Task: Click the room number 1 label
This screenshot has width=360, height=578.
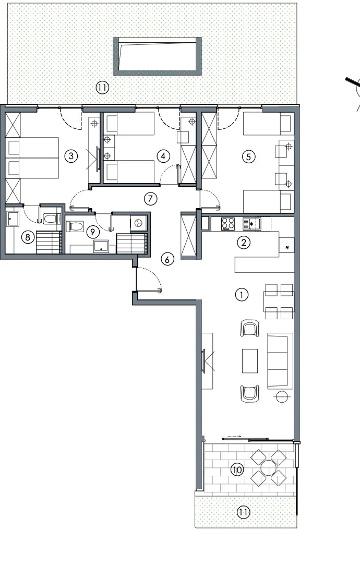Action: (x=242, y=295)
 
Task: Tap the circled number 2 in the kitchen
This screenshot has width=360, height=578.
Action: (x=244, y=242)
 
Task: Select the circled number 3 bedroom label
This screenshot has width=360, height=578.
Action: (x=71, y=156)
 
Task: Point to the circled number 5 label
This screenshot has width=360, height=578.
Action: (x=248, y=156)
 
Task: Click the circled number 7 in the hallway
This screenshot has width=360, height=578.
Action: (x=150, y=199)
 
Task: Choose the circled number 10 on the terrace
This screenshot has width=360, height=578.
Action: (x=237, y=469)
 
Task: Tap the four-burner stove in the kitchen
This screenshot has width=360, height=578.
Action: (x=228, y=224)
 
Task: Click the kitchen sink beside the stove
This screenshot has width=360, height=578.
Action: (x=252, y=223)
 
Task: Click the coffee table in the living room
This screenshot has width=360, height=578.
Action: (x=250, y=361)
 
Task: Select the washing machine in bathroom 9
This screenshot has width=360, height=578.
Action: (x=139, y=223)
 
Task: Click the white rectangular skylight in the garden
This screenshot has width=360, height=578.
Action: (x=158, y=56)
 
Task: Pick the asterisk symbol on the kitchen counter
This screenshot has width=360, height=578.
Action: (x=287, y=248)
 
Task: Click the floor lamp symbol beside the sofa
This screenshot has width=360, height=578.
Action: (x=282, y=396)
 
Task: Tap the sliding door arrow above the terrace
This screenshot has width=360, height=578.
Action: (x=234, y=437)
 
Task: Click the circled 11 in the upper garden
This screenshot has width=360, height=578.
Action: (x=102, y=88)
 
